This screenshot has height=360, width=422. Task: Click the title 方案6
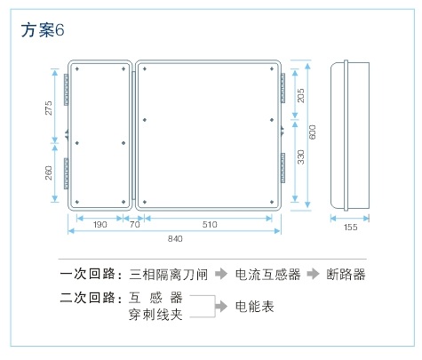(x=43, y=30)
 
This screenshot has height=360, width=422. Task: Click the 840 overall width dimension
(x=175, y=238)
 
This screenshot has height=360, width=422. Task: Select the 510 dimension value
(x=210, y=224)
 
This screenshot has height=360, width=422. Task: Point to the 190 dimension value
(x=100, y=224)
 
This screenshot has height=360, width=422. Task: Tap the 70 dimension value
(x=135, y=224)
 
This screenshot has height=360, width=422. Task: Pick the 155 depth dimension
(x=350, y=228)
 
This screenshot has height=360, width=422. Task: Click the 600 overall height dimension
(x=313, y=132)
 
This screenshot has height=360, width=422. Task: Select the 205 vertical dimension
(x=300, y=95)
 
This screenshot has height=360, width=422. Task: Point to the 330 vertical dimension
(x=300, y=157)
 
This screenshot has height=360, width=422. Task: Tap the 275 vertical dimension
(x=48, y=108)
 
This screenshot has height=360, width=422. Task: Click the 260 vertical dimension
(x=48, y=173)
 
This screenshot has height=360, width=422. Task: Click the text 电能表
(x=255, y=307)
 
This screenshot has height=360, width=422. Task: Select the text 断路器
(x=346, y=275)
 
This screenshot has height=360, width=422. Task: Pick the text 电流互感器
(x=267, y=275)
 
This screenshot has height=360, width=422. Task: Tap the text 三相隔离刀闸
(x=168, y=275)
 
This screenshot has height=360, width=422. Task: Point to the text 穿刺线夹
(x=155, y=315)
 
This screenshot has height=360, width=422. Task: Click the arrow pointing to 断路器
(x=313, y=274)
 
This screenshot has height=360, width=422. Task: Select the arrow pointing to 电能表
(x=221, y=306)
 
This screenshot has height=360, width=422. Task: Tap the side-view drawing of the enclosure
(x=350, y=135)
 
